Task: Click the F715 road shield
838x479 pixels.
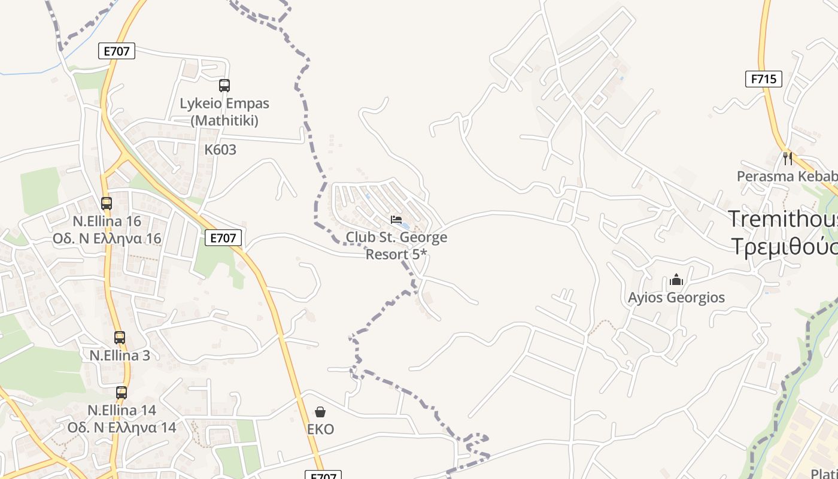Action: click(764, 79)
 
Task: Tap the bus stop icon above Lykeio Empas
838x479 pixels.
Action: click(224, 86)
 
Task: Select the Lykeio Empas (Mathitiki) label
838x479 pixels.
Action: click(224, 112)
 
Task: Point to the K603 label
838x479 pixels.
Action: click(220, 150)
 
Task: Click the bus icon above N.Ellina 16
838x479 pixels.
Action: click(107, 204)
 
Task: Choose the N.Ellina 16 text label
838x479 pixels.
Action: click(107, 221)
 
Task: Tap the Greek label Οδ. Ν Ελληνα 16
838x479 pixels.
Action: click(107, 238)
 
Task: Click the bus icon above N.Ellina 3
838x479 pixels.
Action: click(120, 338)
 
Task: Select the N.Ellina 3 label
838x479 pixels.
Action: click(120, 355)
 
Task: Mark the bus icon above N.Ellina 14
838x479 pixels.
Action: click(122, 393)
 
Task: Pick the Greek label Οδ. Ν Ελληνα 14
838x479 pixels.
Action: click(122, 428)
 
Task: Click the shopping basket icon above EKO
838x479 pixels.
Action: click(320, 412)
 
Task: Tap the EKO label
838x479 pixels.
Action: click(320, 429)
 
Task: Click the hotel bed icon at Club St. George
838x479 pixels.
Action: click(396, 220)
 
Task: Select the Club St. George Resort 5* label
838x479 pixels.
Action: click(396, 245)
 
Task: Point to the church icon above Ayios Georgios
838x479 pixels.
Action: click(676, 280)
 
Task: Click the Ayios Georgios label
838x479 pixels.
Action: click(676, 298)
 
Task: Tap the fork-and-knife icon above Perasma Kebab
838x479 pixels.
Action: click(788, 158)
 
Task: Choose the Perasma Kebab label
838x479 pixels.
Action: click(787, 177)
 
